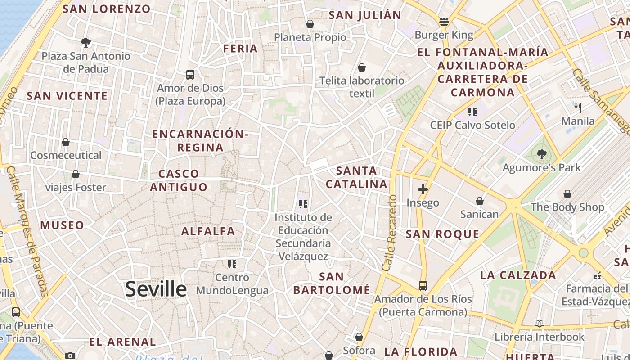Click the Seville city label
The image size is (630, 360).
[156, 289]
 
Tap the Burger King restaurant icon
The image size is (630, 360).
[444, 22]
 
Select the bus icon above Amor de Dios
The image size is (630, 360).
[190, 75]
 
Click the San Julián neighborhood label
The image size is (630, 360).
[365, 15]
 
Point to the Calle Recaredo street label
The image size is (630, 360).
[390, 233]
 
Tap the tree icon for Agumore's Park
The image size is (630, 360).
[542, 154]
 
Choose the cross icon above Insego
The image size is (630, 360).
[423, 189]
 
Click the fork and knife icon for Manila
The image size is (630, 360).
[578, 108]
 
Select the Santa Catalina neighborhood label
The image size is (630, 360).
[356, 177]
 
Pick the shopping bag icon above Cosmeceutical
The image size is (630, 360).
[66, 142]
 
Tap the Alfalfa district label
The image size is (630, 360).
[208, 231]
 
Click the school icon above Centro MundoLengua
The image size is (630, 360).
[232, 264]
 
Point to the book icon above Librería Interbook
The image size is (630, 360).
[540, 323]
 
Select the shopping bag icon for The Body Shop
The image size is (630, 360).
[567, 194]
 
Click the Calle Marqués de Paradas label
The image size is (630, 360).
[28, 232]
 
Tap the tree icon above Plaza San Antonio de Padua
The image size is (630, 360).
[85, 43]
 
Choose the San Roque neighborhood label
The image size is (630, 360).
[442, 234]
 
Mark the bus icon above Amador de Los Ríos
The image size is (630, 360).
[423, 286]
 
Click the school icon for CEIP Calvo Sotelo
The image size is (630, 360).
[472, 112]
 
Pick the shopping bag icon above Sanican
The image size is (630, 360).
[480, 201]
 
